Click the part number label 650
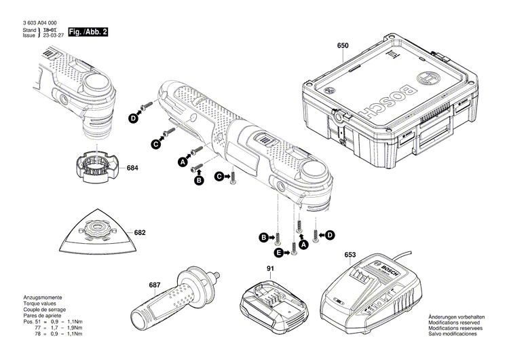pyautogui.click(x=343, y=46)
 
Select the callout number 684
pyautogui.click(x=132, y=168)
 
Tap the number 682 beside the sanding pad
pyautogui.click(x=140, y=233)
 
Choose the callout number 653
pyautogui.click(x=350, y=255)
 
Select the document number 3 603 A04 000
pyautogui.click(x=38, y=22)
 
